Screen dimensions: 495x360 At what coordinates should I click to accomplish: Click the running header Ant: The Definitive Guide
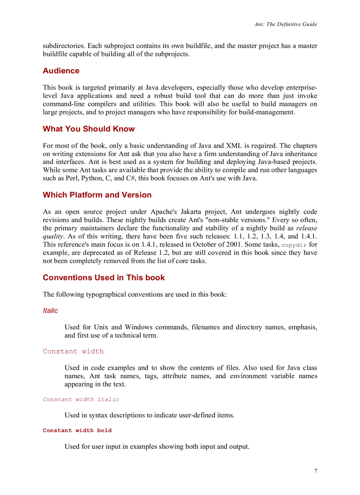tap(285, 24)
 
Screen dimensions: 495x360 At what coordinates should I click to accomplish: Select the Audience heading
tap(61, 71)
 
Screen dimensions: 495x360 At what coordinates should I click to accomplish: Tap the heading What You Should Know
tap(89, 129)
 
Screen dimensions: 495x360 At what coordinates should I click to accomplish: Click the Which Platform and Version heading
tap(97, 195)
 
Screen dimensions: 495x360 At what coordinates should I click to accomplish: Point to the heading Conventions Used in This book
tap(104, 278)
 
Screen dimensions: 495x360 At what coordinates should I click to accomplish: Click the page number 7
tap(315, 471)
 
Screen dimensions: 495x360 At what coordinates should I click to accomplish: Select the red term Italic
tap(50, 311)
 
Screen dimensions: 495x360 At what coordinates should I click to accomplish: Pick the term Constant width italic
tap(81, 399)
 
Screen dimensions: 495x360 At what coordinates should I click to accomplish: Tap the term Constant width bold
tap(77, 430)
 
